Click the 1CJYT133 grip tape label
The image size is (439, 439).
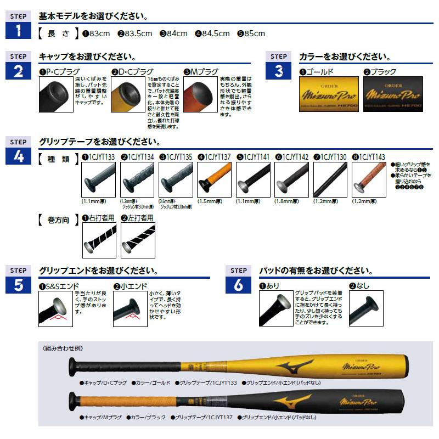(98, 156)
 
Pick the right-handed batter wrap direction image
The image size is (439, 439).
(98, 240)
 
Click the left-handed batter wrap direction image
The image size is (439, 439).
(137, 240)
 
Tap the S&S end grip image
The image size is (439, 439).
(56, 308)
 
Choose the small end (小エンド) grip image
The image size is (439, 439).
(130, 308)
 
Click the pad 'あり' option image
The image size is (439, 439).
(275, 308)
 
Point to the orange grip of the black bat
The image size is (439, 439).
(121, 400)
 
